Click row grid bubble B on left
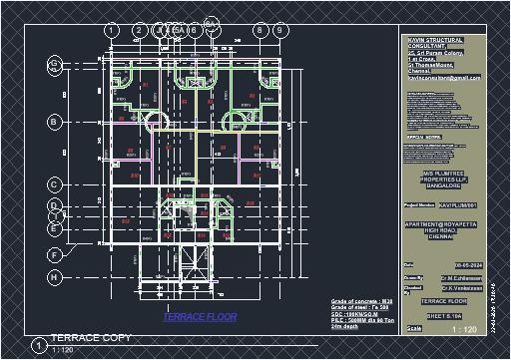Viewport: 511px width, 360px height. click(x=54, y=122)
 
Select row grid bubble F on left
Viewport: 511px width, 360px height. click(x=54, y=254)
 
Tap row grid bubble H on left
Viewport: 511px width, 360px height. click(x=54, y=276)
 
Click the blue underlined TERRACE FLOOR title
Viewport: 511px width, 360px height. click(x=200, y=316)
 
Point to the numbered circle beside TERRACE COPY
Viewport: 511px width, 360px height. click(x=37, y=346)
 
